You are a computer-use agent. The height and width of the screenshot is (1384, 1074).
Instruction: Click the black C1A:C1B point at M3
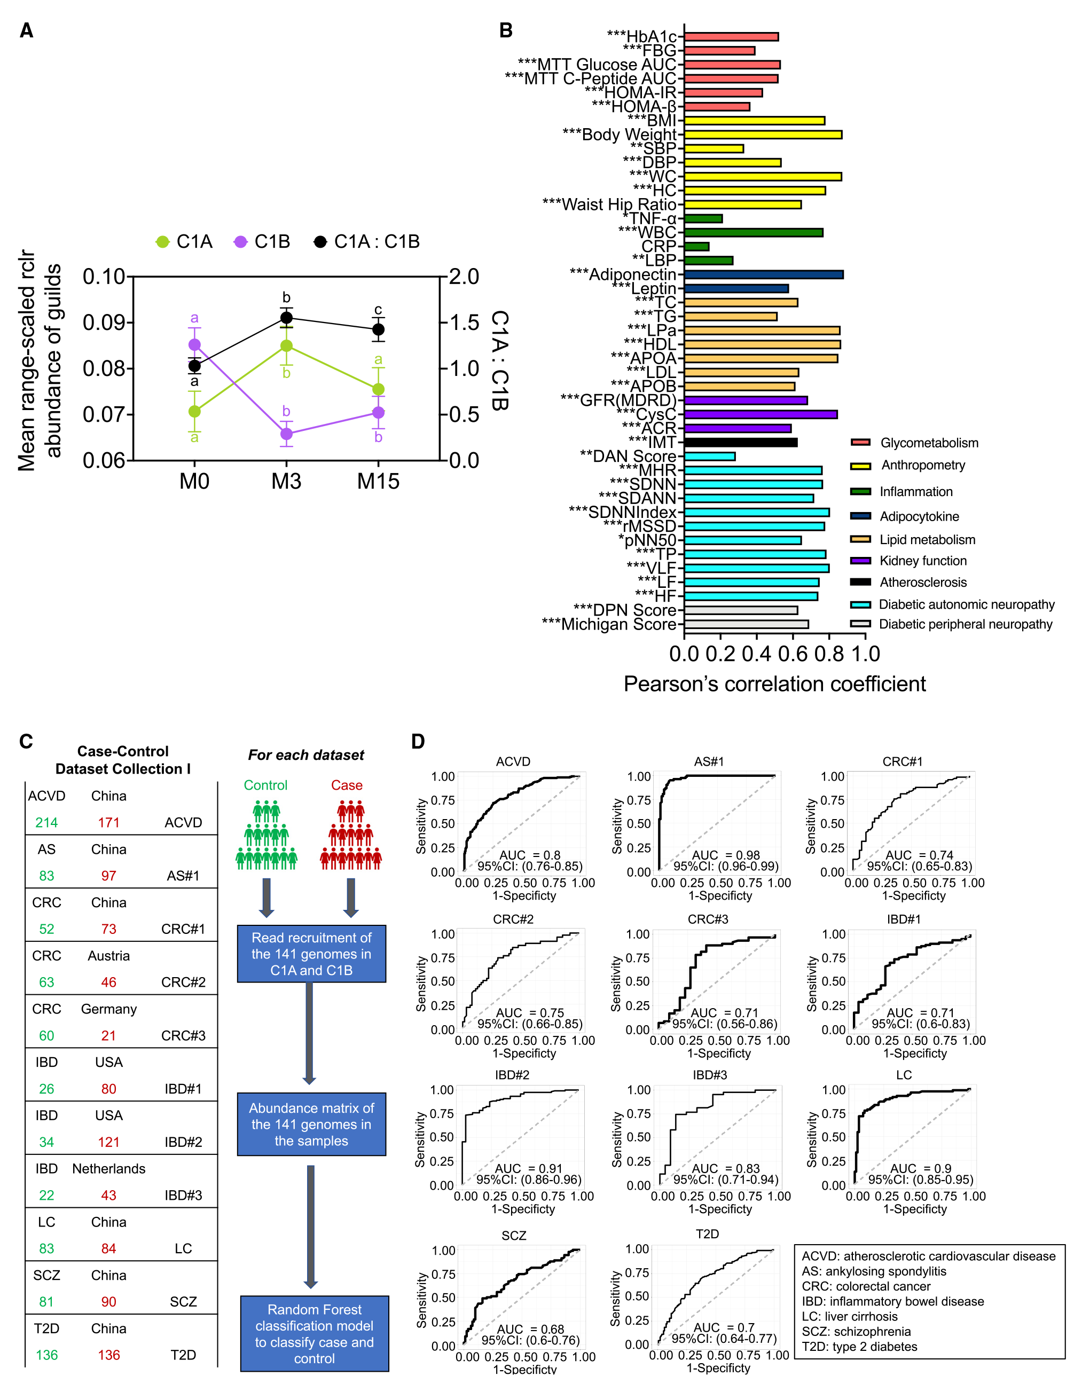coord(287,318)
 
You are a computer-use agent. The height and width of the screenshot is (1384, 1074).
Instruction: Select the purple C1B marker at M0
coord(194,345)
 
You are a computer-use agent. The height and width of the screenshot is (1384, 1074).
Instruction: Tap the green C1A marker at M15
coord(379,389)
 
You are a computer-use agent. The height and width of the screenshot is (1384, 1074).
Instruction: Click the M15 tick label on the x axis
coord(379,482)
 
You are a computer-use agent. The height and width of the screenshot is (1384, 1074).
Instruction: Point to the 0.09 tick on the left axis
coord(106,323)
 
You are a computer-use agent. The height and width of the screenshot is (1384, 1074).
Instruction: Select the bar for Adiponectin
coord(763,274)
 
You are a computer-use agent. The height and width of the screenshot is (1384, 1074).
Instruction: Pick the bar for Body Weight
coord(762,135)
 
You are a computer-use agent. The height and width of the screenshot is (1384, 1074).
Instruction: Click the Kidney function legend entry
coord(922,561)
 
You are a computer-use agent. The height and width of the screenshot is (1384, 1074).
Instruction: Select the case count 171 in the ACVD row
coord(108,822)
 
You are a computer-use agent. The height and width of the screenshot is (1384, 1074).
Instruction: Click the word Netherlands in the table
coord(108,1168)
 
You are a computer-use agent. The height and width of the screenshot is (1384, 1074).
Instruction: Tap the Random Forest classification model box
coord(315,1333)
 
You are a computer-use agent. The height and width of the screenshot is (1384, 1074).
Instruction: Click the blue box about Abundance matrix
coord(311,1124)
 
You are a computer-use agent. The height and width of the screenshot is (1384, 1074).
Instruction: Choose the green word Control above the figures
coord(265,785)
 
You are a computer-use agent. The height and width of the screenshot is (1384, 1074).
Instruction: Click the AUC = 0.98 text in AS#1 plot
coord(725,855)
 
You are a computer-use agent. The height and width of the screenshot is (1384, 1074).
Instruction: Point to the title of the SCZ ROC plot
coord(514,1236)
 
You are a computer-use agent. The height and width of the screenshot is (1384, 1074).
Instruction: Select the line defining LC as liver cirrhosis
coord(850,1316)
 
